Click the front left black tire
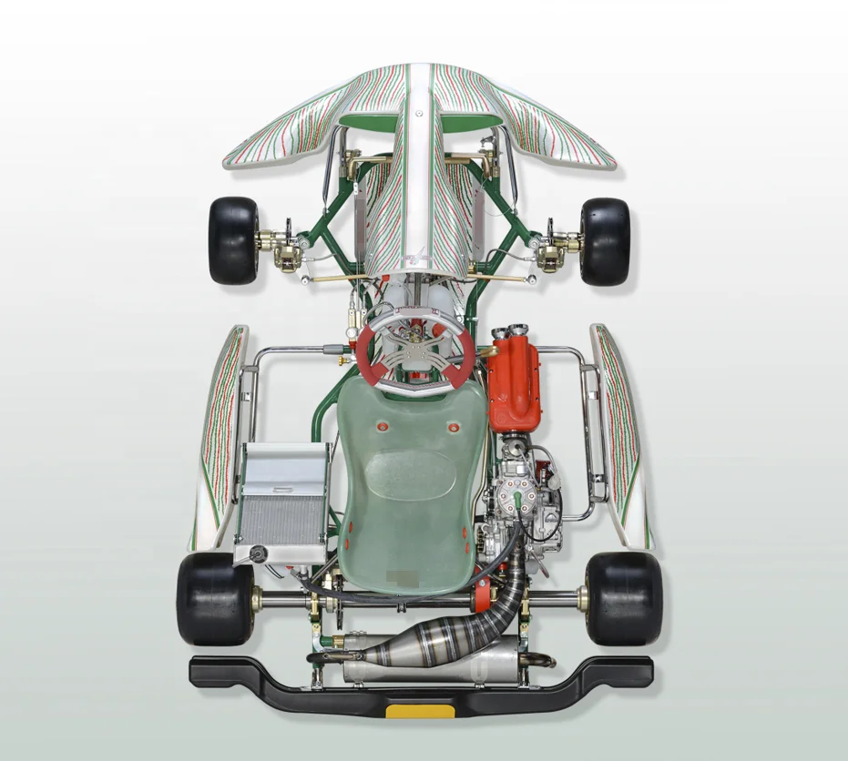[x=233, y=240]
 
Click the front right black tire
[x=605, y=241]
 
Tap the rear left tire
[x=214, y=597]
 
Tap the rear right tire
[x=624, y=598]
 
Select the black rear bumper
[x=273, y=677]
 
